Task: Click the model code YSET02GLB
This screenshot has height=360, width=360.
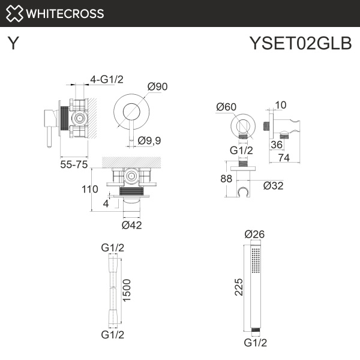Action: tap(300, 44)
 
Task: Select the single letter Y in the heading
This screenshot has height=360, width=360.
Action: tap(13, 44)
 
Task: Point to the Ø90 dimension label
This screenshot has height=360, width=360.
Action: tap(157, 87)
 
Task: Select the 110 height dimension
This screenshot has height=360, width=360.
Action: tap(89, 189)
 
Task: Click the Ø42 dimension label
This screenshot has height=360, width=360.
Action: tap(131, 225)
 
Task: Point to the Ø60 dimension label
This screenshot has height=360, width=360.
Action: tap(226, 107)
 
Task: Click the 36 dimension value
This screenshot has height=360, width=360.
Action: tap(276, 145)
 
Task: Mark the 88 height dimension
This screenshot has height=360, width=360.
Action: tap(227, 179)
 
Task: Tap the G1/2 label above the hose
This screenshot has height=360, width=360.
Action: tap(112, 247)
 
